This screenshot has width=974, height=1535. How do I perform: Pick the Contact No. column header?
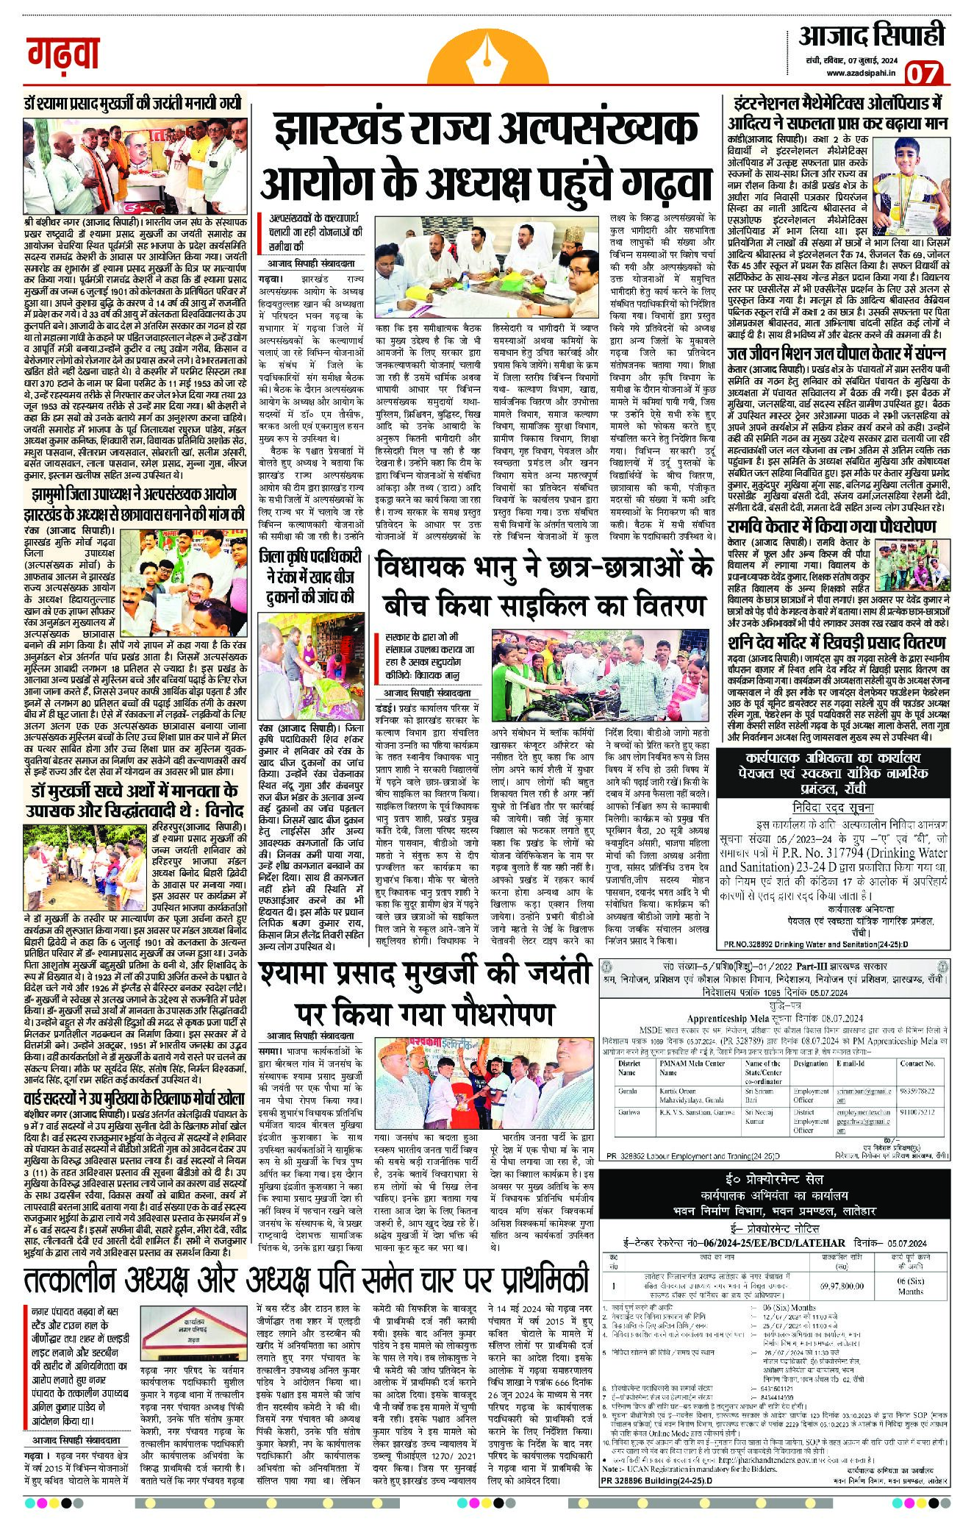coord(917,1064)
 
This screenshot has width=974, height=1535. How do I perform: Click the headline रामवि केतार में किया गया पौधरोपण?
coord(831,527)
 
